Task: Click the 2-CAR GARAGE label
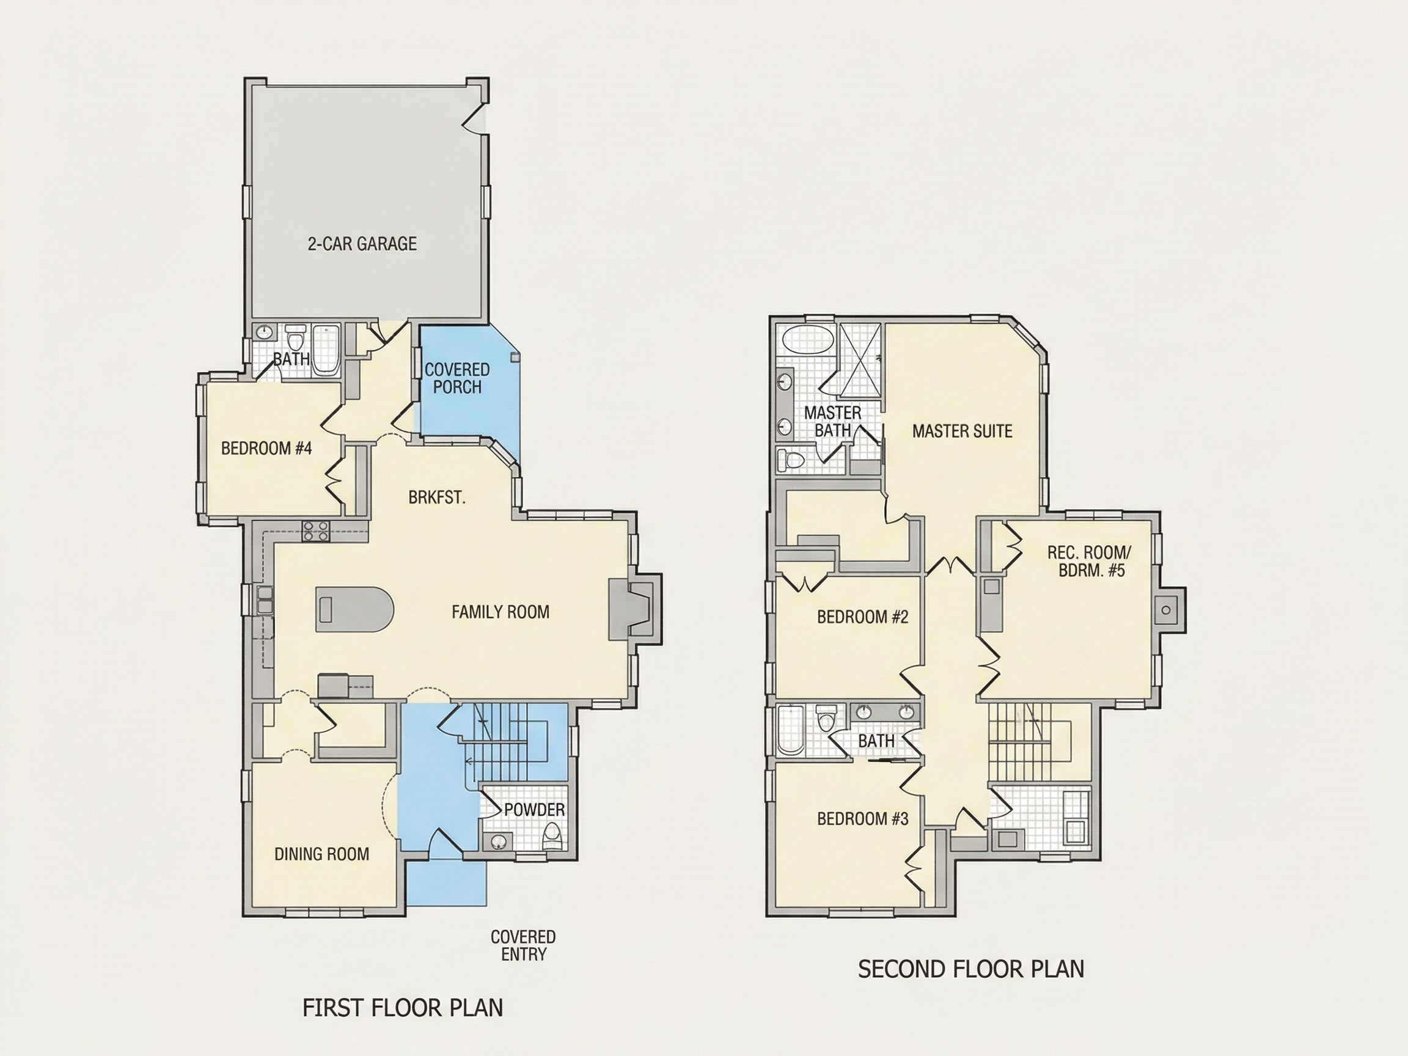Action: point(362,244)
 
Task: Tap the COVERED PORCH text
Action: point(457,378)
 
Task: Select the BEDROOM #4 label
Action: point(266,448)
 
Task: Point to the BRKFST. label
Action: point(437,497)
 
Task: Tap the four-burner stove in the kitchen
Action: point(317,531)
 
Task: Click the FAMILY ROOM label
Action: point(501,612)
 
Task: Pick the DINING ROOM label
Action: point(321,854)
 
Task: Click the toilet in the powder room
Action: point(551,836)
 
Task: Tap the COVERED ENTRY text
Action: point(523,945)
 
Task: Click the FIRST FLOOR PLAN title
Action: point(402,1008)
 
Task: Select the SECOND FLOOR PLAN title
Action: point(970,969)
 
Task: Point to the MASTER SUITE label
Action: point(962,431)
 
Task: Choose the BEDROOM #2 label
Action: point(862,616)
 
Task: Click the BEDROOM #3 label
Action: point(862,818)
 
